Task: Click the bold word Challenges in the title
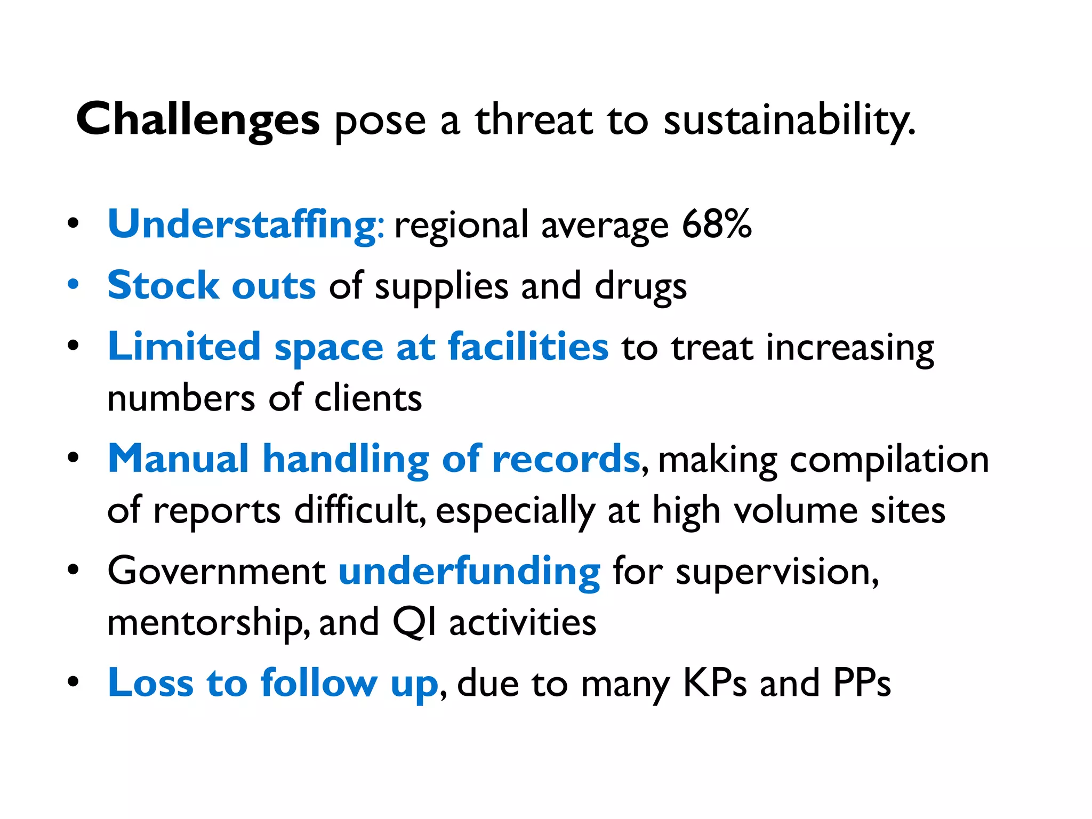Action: click(x=198, y=120)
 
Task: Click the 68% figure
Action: click(x=717, y=224)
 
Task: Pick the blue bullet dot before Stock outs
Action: click(x=74, y=284)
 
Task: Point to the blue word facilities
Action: click(x=528, y=347)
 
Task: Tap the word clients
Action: click(x=368, y=398)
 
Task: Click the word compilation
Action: click(x=889, y=460)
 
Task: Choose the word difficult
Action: click(x=359, y=510)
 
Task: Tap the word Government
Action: click(x=216, y=571)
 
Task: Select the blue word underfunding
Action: click(x=469, y=572)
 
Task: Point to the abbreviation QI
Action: click(x=414, y=622)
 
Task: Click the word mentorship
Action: click(x=208, y=623)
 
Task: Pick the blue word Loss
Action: click(x=150, y=683)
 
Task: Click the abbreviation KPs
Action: click(x=714, y=683)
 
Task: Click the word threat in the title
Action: click(x=533, y=120)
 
